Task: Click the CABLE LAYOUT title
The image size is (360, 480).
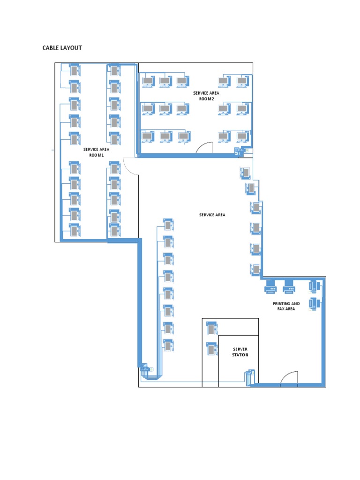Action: pyautogui.click(x=62, y=48)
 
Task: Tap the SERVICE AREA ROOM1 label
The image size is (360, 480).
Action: pyautogui.click(x=96, y=152)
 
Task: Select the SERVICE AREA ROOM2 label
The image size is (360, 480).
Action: pyautogui.click(x=206, y=96)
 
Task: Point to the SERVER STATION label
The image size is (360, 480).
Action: pyautogui.click(x=240, y=352)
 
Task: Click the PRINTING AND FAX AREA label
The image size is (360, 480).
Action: pyautogui.click(x=286, y=306)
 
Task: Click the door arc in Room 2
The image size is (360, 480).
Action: pyautogui.click(x=204, y=148)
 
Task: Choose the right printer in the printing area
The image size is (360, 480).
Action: pyautogui.click(x=289, y=286)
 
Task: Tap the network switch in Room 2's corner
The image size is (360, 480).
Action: pyautogui.click(x=240, y=151)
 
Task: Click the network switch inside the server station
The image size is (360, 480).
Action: pyautogui.click(x=249, y=377)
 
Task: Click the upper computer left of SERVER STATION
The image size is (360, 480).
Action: pyautogui.click(x=212, y=328)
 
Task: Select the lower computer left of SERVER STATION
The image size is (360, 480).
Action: pyautogui.click(x=212, y=349)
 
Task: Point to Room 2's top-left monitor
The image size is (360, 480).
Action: pyautogui.click(x=148, y=82)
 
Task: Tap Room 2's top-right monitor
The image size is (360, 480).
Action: pyautogui.click(x=241, y=82)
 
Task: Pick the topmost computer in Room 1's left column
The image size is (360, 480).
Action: pyautogui.click(x=75, y=70)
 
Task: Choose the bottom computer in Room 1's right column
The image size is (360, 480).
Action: pyautogui.click(x=114, y=230)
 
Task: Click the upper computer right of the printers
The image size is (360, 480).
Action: pyautogui.click(x=314, y=285)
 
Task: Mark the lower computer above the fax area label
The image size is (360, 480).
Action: pyautogui.click(x=314, y=303)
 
